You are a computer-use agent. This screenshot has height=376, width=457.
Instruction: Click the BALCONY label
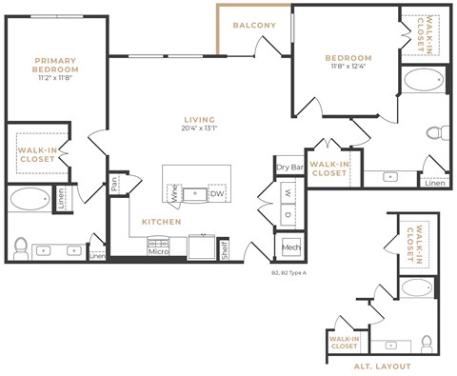pyautogui.click(x=254, y=26)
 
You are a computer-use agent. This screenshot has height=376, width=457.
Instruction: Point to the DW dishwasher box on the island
pyautogui.click(x=217, y=193)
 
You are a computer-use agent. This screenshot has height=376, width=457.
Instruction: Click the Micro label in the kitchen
pyautogui.click(x=158, y=251)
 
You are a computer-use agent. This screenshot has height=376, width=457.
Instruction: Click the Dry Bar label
pyautogui.click(x=288, y=168)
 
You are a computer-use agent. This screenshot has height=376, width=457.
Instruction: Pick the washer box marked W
pyautogui.click(x=288, y=192)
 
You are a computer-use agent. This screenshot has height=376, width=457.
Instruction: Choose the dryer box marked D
pyautogui.click(x=288, y=216)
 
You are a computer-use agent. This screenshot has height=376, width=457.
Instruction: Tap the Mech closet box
pyautogui.click(x=290, y=248)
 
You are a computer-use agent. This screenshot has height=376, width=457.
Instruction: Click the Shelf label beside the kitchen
pyautogui.click(x=225, y=248)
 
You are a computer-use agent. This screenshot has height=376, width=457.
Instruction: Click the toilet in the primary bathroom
pyautogui.click(x=21, y=247)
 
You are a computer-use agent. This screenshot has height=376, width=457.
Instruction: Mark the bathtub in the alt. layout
pyautogui.click(x=417, y=288)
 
